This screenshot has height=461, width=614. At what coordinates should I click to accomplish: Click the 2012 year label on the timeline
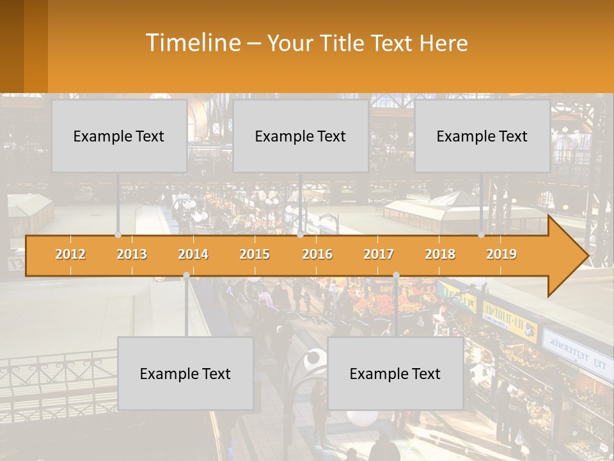click(70, 254)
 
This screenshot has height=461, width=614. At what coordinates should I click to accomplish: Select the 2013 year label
click(132, 254)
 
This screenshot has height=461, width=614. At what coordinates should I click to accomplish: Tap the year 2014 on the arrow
click(193, 254)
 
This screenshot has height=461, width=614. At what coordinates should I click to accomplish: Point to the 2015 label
click(255, 254)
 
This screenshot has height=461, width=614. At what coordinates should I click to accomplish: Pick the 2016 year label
click(317, 254)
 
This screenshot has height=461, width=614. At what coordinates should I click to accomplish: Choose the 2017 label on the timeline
click(379, 254)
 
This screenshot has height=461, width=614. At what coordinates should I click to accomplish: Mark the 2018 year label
click(440, 254)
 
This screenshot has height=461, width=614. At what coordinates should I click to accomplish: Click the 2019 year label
click(501, 254)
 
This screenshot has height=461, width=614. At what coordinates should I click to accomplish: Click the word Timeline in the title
click(193, 43)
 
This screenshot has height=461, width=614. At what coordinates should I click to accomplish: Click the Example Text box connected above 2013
click(119, 136)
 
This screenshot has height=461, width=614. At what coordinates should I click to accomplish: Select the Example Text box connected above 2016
click(301, 136)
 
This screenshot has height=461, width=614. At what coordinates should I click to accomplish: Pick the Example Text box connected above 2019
click(482, 136)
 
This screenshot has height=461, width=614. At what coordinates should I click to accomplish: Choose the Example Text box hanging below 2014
click(185, 373)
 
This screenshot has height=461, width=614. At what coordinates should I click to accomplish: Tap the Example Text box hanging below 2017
click(395, 373)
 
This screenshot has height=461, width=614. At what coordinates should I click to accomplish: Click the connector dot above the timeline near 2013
click(118, 234)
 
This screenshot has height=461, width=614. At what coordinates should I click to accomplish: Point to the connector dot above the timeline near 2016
click(300, 234)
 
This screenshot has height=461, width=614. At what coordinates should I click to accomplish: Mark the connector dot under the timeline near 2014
click(186, 275)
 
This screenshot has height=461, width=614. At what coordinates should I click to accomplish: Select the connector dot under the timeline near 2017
click(396, 275)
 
